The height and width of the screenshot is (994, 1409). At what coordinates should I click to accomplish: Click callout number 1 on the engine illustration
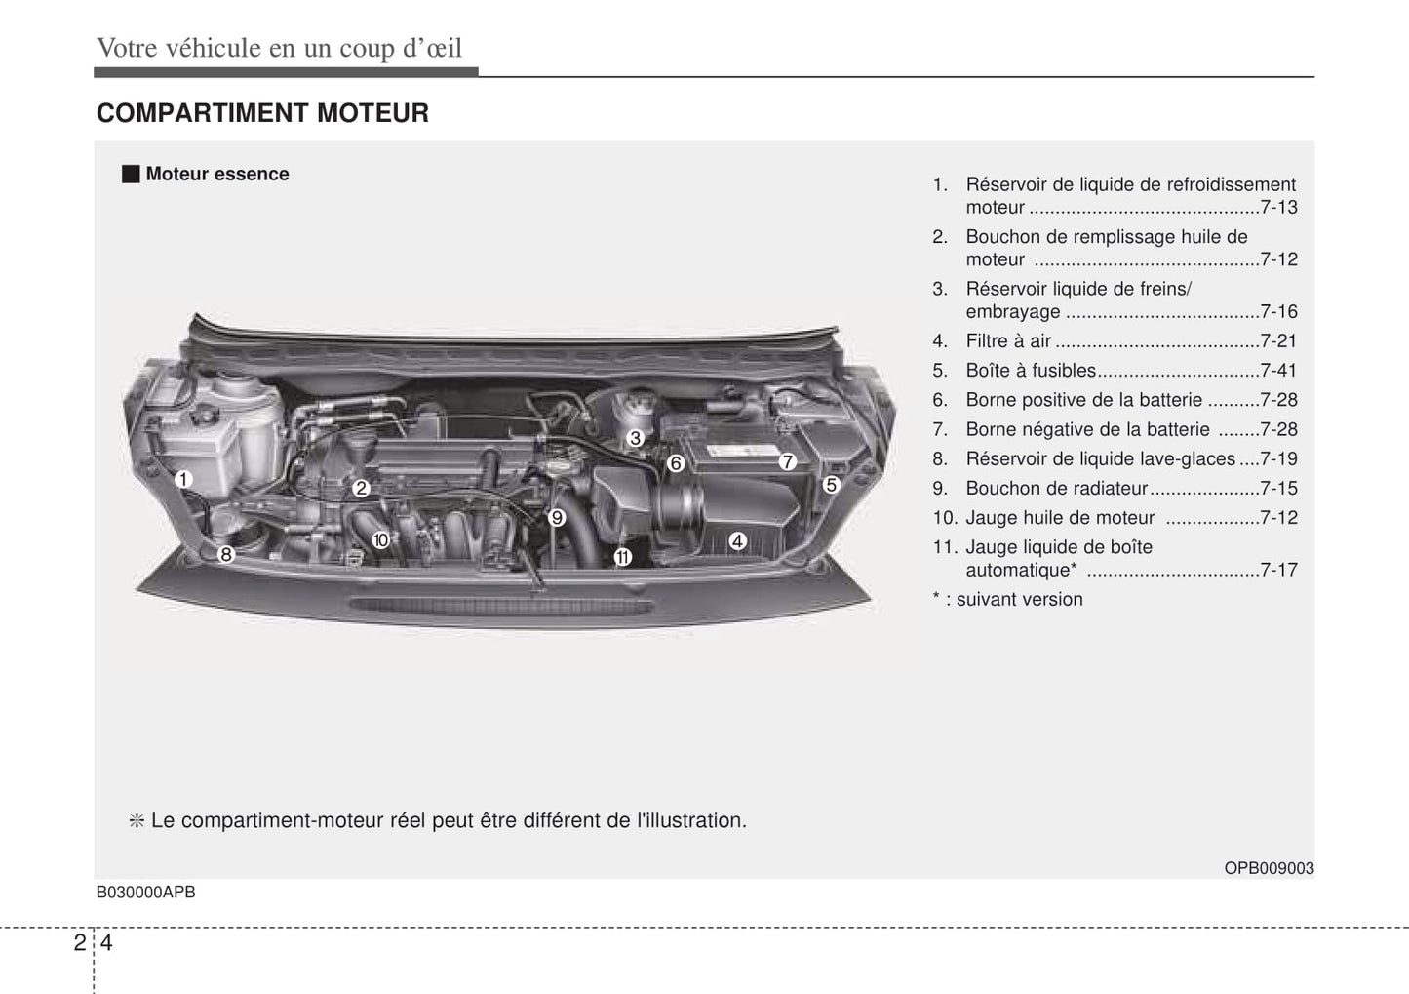pyautogui.click(x=183, y=480)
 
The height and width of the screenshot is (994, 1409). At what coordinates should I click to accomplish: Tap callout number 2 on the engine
pyautogui.click(x=361, y=488)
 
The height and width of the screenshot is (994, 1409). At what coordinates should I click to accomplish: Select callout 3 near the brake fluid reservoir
pyautogui.click(x=636, y=438)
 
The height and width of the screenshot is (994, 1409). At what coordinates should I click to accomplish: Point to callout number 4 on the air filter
pyautogui.click(x=737, y=541)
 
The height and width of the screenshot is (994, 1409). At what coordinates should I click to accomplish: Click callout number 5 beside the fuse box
pyautogui.click(x=831, y=485)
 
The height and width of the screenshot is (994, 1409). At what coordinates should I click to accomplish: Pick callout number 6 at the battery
pyautogui.click(x=676, y=463)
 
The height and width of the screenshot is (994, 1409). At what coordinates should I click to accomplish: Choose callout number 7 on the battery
pyautogui.click(x=787, y=462)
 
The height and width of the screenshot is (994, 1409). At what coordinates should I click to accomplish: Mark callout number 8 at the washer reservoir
pyautogui.click(x=226, y=555)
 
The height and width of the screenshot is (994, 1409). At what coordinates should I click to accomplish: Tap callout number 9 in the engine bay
pyautogui.click(x=556, y=518)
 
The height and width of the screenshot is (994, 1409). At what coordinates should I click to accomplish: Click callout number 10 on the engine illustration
pyautogui.click(x=380, y=540)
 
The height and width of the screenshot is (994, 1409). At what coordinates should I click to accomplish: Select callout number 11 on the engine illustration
pyautogui.click(x=622, y=557)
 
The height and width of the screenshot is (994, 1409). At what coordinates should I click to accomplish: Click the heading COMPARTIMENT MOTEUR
pyautogui.click(x=263, y=113)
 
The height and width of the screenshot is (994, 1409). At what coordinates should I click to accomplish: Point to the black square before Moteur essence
pyautogui.click(x=131, y=175)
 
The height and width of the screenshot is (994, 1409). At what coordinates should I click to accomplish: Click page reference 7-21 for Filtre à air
pyautogui.click(x=1278, y=341)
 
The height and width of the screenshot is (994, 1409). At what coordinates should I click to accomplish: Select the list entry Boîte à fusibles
pyautogui.click(x=1031, y=371)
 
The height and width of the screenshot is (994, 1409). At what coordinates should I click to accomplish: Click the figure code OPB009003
pyautogui.click(x=1269, y=869)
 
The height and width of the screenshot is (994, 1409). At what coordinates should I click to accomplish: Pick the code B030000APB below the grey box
pyautogui.click(x=146, y=893)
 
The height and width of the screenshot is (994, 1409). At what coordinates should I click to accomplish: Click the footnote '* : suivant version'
pyautogui.click(x=1007, y=600)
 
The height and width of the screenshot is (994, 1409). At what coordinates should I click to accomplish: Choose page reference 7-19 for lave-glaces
pyautogui.click(x=1278, y=458)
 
